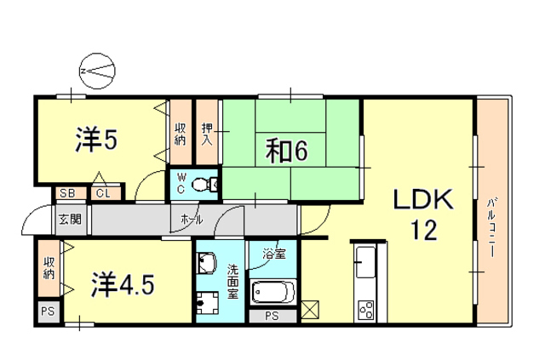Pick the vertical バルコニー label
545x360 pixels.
point(492,222)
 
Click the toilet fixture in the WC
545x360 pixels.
point(201,183)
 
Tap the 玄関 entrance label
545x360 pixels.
point(70,219)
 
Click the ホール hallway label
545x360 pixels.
point(192,219)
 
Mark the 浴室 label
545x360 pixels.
point(273,254)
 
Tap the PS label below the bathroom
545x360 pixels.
point(272,317)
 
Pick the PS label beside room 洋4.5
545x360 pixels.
point(47,312)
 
